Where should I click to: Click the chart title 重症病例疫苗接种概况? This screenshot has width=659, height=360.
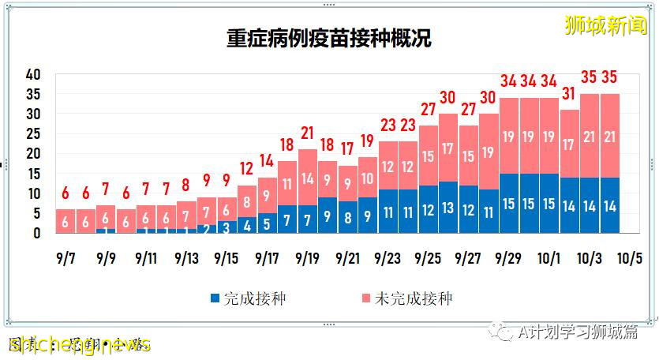coord(329,38)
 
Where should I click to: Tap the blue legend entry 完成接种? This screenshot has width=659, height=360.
coord(245,298)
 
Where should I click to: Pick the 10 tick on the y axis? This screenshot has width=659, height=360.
coord(32,193)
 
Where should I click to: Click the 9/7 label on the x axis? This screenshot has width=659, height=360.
coord(65,257)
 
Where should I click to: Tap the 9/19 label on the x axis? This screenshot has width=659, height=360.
coord(307,257)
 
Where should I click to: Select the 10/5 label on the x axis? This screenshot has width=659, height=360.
coord(628,257)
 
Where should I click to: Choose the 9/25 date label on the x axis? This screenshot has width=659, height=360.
coord(428,257)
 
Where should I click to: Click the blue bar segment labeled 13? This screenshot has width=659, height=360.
coord(448,209)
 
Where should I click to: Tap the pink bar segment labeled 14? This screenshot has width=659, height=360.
coord(307,178)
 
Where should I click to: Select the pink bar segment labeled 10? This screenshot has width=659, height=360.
coord(368,178)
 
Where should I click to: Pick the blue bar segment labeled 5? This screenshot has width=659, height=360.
coord(267,224)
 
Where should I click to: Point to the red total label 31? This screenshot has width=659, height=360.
coord(569,95)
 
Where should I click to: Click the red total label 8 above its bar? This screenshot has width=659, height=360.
coord(186,186)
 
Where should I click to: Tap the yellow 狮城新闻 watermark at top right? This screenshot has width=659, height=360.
coord(605,25)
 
